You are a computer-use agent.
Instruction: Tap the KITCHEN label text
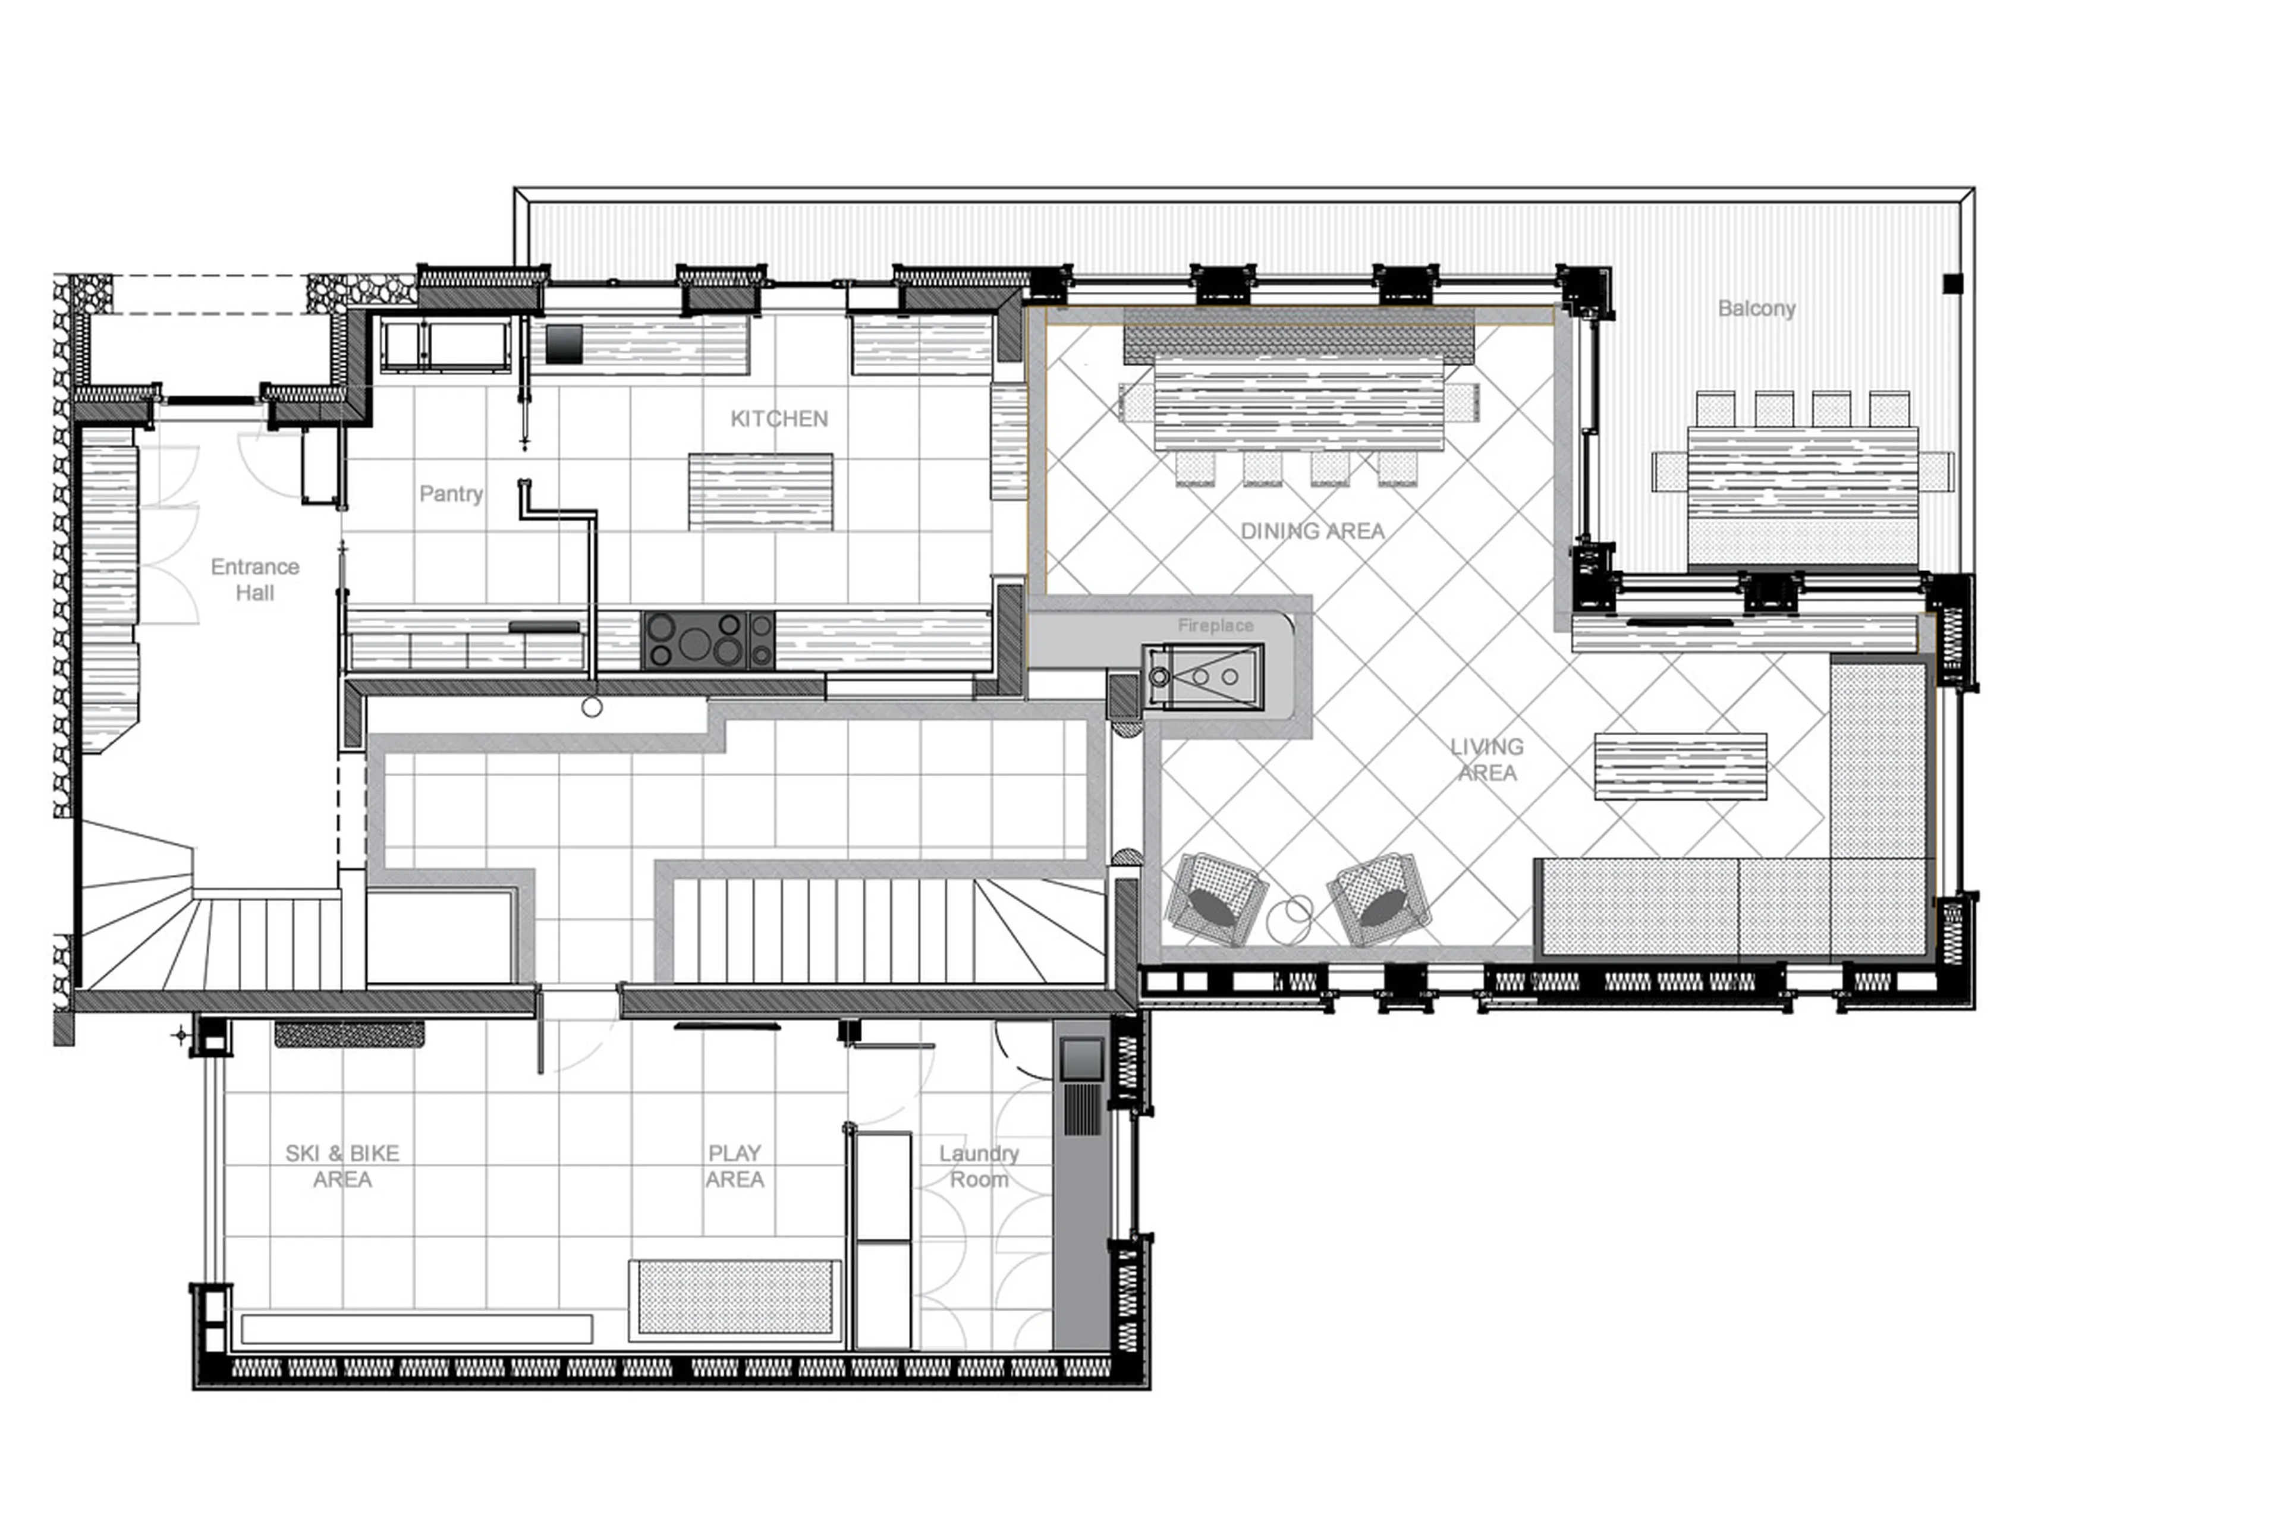point(779,419)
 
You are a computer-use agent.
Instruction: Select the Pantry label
point(451,494)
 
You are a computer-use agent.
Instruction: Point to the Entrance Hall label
point(255,579)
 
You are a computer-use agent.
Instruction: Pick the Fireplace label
point(1215,626)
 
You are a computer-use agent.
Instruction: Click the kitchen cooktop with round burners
point(708,640)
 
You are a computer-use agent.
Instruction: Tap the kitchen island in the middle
point(760,492)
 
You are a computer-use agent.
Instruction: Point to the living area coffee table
point(1680,766)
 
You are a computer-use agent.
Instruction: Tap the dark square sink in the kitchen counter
point(564,344)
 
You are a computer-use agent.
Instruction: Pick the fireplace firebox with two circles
point(1203,676)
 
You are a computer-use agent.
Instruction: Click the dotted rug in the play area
point(734,1298)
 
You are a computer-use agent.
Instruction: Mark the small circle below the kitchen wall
point(592,708)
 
